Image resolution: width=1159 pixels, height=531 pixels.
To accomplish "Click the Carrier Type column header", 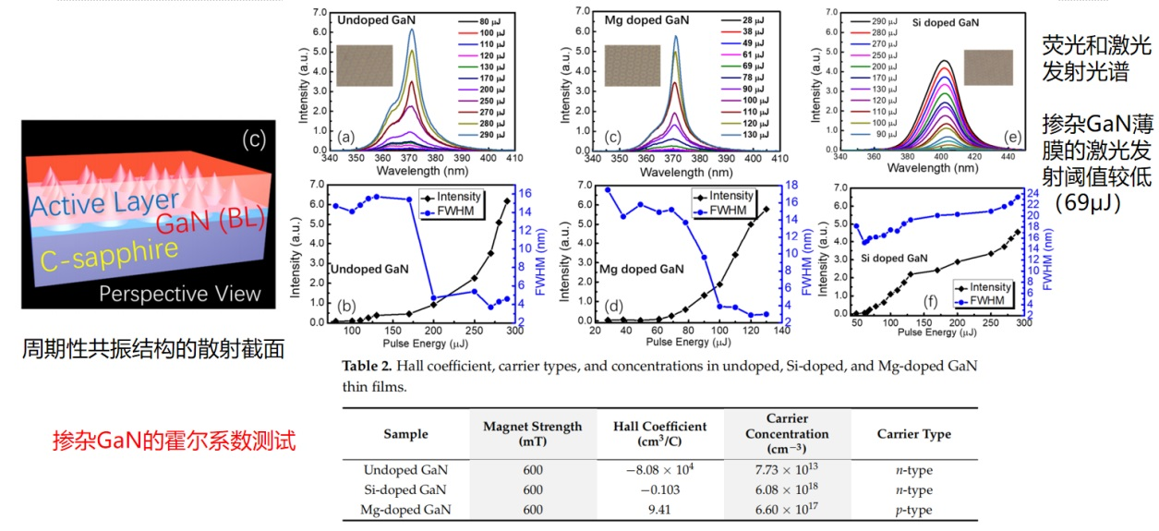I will (913, 434).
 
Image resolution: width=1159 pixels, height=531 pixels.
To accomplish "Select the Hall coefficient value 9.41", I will (659, 510).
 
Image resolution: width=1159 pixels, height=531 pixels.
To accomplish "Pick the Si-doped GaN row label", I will (405, 490).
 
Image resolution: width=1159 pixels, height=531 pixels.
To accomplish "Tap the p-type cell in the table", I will (913, 510).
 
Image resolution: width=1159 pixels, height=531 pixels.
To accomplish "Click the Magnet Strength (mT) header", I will (532, 434).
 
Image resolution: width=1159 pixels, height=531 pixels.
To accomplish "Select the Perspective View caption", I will (180, 295).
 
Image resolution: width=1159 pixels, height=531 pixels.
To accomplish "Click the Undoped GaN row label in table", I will (405, 470).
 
